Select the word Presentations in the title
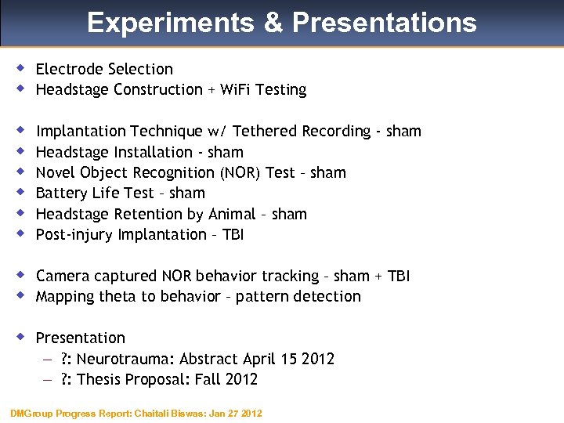click(384, 23)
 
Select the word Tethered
click(266, 131)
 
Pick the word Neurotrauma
click(125, 359)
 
